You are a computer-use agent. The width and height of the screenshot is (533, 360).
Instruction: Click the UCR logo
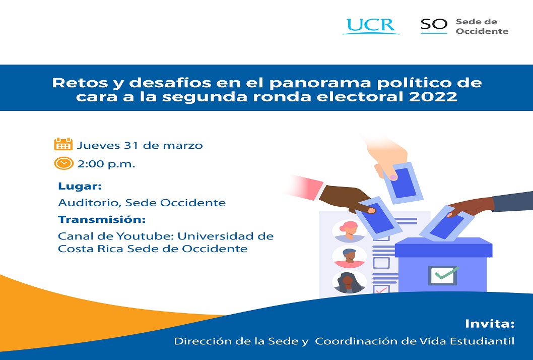(x=371, y=26)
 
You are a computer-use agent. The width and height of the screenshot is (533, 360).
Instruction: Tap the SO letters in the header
(x=434, y=25)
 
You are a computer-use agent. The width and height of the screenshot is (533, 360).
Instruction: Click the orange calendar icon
(x=63, y=144)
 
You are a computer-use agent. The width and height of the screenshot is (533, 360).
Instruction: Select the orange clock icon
(x=63, y=163)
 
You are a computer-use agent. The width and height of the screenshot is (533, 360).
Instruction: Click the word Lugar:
(x=80, y=186)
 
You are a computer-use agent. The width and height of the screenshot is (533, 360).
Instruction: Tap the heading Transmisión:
(x=102, y=219)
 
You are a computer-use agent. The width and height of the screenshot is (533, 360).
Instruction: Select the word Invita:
(x=490, y=324)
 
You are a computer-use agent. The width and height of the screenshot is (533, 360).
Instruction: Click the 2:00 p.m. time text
(x=106, y=164)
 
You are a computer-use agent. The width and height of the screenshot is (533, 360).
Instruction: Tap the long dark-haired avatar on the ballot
(x=349, y=282)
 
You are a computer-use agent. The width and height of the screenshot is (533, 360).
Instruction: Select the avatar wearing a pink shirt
(x=349, y=257)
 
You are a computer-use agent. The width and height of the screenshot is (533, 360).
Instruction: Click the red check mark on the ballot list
(x=381, y=290)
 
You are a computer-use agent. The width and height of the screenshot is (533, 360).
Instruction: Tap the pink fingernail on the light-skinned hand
(x=393, y=177)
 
